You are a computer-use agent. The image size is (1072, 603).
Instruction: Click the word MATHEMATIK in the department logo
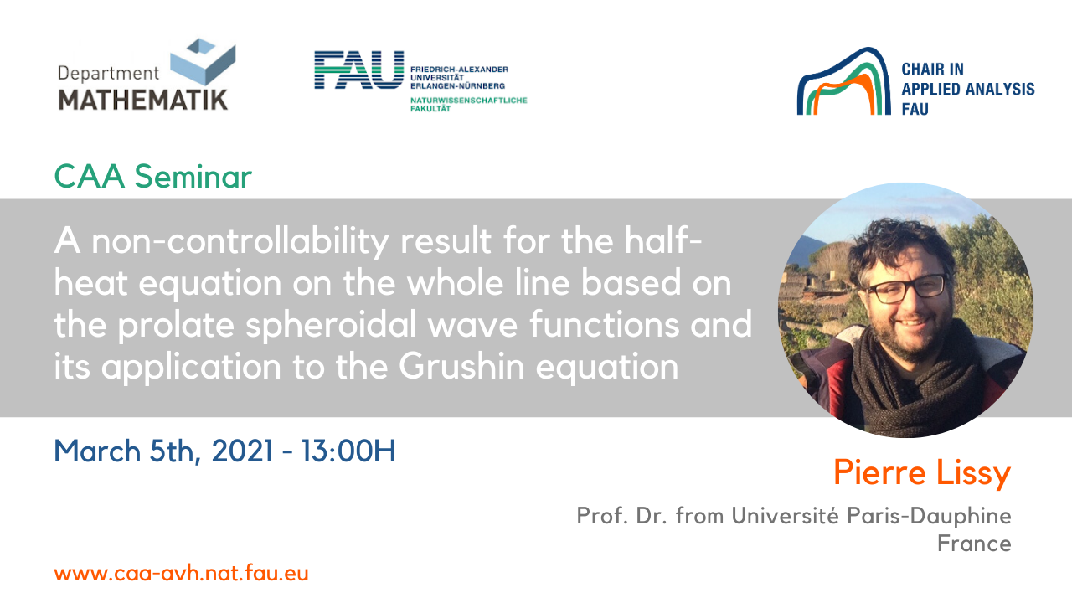(143, 100)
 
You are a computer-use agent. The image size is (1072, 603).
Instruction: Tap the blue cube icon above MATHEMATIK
(203, 61)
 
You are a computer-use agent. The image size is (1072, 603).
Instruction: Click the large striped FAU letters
(359, 70)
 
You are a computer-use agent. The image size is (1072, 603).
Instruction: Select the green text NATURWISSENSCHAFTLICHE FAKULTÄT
(468, 105)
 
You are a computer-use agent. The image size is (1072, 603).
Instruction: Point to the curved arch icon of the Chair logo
(844, 81)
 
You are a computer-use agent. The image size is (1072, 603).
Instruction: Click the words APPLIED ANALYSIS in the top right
(968, 89)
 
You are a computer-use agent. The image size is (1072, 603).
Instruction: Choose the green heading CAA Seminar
(152, 176)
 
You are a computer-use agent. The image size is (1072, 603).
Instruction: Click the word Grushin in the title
(461, 367)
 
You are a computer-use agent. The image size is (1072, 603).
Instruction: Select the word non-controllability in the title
(240, 242)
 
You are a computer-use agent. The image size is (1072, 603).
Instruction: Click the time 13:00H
(348, 451)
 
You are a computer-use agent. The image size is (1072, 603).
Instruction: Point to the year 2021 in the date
(243, 451)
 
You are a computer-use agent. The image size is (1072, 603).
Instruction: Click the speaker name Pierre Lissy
(922, 473)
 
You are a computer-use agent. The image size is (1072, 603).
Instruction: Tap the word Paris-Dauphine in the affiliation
(929, 516)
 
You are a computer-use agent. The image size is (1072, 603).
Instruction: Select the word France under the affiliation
(974, 544)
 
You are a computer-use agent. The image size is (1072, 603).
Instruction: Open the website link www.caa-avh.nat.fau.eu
(182, 574)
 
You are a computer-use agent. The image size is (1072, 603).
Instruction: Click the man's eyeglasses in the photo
(906, 289)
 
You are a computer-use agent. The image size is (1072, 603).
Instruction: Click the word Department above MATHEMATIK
(108, 74)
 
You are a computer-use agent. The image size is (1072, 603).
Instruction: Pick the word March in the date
(97, 451)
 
